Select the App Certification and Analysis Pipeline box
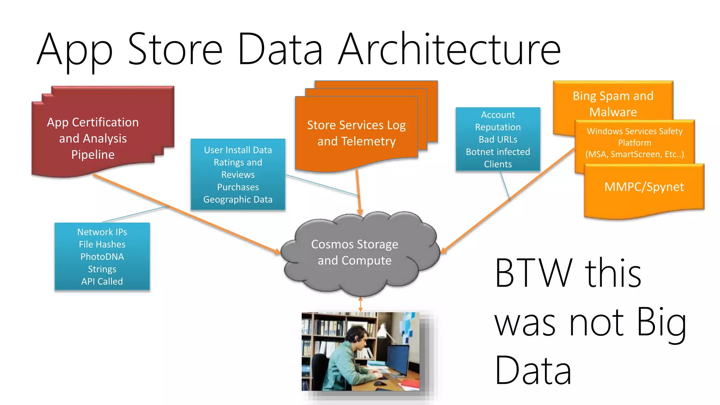pos(93,138)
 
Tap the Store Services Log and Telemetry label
pos(356,133)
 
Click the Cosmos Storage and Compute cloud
pos(354,252)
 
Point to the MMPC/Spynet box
pos(644,187)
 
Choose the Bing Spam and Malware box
pos(613,103)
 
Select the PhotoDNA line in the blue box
pos(102,257)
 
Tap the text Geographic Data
pos(238,199)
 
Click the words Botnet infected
pos(498,152)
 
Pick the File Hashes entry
pos(102,244)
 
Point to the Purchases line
pos(238,187)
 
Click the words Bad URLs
pos(498,140)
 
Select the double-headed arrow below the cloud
pos(360,304)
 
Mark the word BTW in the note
pos(534,273)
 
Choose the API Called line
pos(102,281)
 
